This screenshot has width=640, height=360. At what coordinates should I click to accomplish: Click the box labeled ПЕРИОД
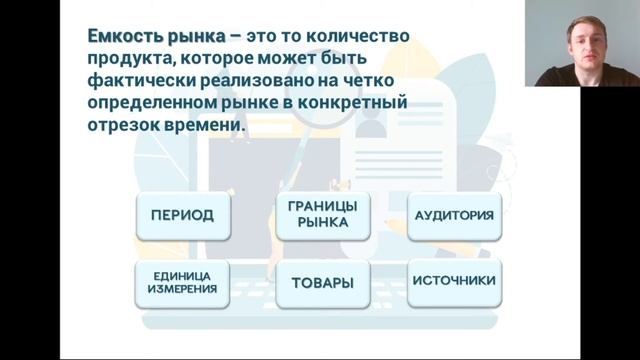click(182, 215)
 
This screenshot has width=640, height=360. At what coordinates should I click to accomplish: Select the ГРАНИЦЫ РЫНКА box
click(322, 215)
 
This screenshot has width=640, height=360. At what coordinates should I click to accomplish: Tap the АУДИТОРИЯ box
click(453, 215)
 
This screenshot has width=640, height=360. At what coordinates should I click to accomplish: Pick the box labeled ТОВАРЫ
click(322, 283)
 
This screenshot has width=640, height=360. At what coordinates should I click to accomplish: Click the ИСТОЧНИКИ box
click(453, 281)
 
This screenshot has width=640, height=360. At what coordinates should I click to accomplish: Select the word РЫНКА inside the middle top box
click(322, 223)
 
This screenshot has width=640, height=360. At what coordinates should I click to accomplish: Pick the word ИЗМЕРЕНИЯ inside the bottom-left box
click(182, 289)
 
